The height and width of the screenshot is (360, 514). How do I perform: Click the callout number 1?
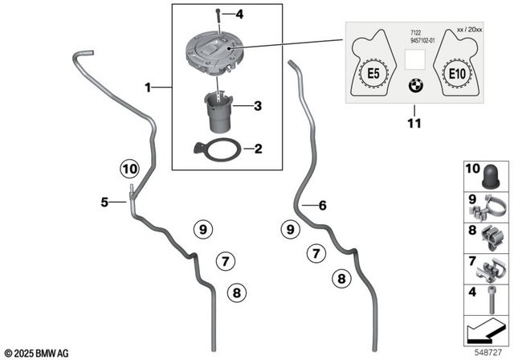146,84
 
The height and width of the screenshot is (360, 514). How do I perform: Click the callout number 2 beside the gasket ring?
258,149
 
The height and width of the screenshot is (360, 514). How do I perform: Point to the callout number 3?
258,104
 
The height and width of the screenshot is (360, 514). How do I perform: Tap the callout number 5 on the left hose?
104,203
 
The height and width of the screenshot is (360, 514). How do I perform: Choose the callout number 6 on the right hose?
323,207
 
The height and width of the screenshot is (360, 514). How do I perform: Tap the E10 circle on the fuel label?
456,74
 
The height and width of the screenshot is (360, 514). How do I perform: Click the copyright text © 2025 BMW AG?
38,352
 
